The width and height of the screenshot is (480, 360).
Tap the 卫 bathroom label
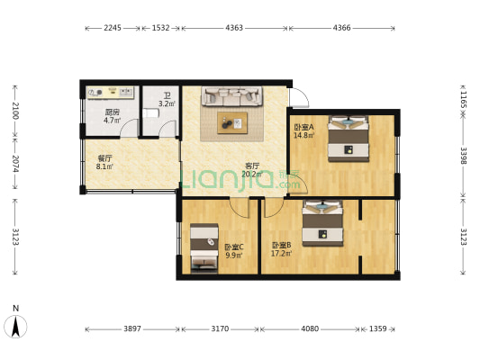168,94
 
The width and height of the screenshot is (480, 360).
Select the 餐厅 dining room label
104,157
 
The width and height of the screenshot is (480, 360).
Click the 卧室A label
303,127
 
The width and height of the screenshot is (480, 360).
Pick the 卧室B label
281,245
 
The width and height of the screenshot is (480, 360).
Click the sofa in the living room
231,95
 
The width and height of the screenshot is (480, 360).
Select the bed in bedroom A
347,138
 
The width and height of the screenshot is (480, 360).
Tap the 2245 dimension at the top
113,29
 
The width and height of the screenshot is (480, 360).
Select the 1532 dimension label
161,29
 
